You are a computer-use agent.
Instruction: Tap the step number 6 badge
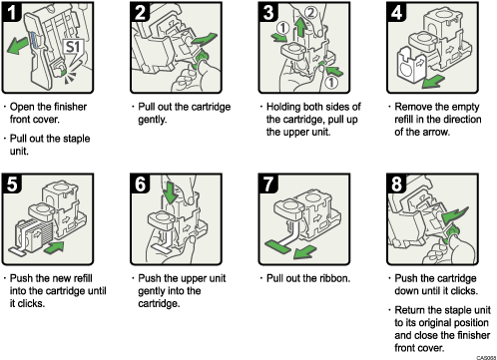141,185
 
